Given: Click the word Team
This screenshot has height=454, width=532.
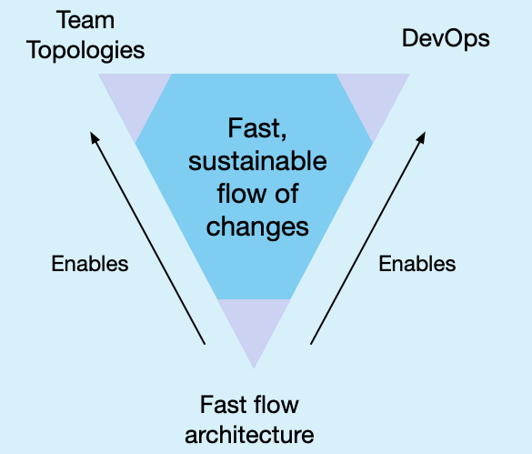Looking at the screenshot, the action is coord(85,20).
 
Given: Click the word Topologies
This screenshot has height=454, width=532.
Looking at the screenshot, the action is coord(85,51).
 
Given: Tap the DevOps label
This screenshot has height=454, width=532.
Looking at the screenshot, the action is coord(446,39).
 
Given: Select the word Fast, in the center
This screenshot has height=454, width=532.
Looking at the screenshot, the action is coord(257,128).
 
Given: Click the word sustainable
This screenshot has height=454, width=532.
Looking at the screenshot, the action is coord(257,161).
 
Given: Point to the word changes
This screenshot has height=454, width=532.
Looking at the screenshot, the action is coord(257,227).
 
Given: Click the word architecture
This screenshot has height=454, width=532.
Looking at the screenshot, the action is coord(249,435).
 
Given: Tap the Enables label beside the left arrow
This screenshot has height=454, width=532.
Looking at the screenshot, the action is coord(90,264).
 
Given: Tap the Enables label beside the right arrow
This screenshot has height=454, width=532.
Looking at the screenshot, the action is coord(417,264).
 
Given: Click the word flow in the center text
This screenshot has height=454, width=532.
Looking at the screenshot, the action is coord(242,194).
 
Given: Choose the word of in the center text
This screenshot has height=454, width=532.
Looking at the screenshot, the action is coord(286,194).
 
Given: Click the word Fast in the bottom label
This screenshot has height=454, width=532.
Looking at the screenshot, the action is coord(223,405).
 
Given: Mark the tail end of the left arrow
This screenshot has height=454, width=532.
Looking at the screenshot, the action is coord(205,344).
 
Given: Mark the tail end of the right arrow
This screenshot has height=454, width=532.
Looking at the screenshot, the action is coord(311,344).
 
